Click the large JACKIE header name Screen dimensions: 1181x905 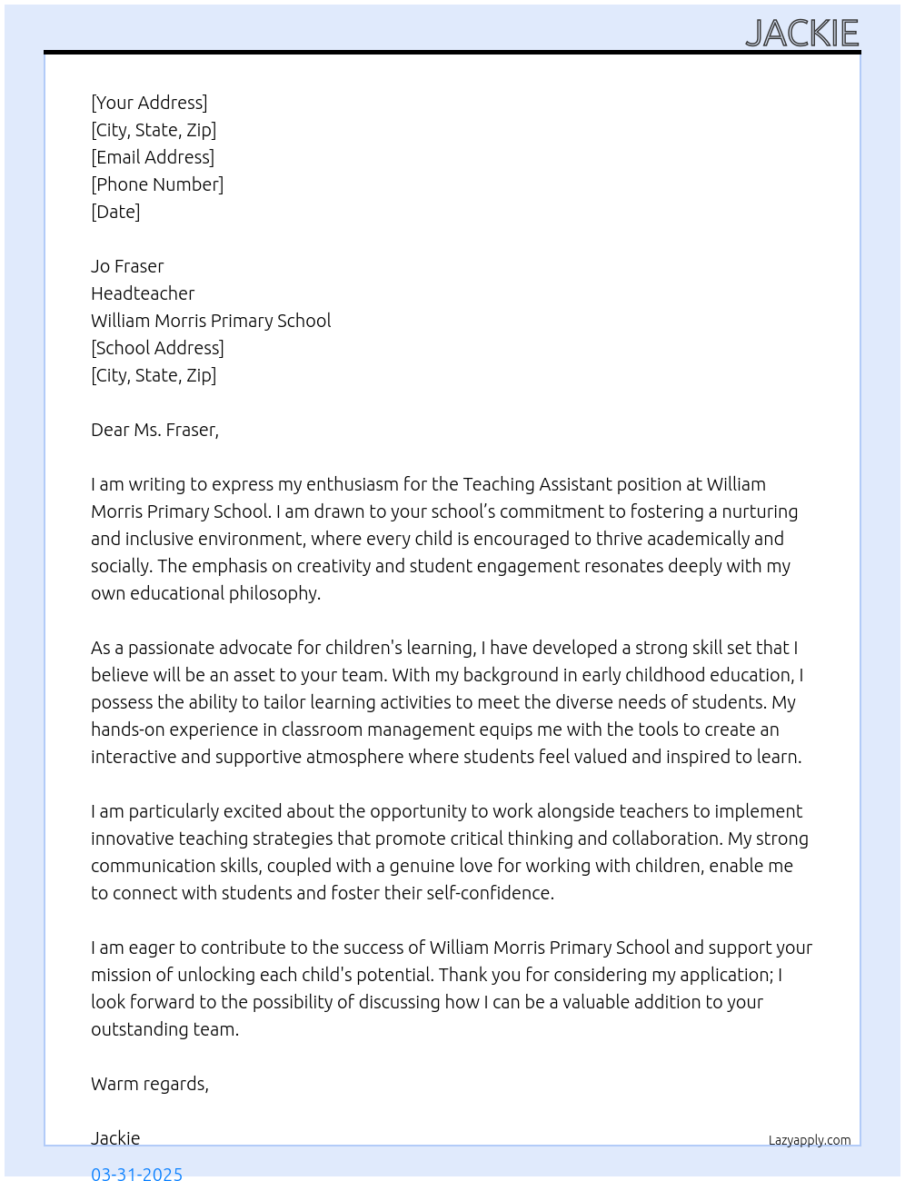click(801, 34)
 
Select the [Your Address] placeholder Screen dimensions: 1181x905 click(149, 103)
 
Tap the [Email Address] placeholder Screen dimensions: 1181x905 click(153, 157)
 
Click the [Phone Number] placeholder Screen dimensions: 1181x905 click(157, 184)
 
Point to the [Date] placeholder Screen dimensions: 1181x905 click(115, 212)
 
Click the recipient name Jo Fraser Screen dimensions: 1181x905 click(127, 266)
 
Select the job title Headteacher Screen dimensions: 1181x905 click(143, 293)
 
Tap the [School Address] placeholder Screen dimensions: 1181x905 click(157, 348)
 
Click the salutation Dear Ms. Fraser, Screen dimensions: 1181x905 click(154, 430)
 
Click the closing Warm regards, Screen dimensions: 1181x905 click(150, 1084)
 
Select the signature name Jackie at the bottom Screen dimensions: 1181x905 click(115, 1138)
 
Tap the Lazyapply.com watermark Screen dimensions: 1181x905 click(810, 1140)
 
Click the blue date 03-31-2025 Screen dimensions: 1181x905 click(136, 1173)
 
